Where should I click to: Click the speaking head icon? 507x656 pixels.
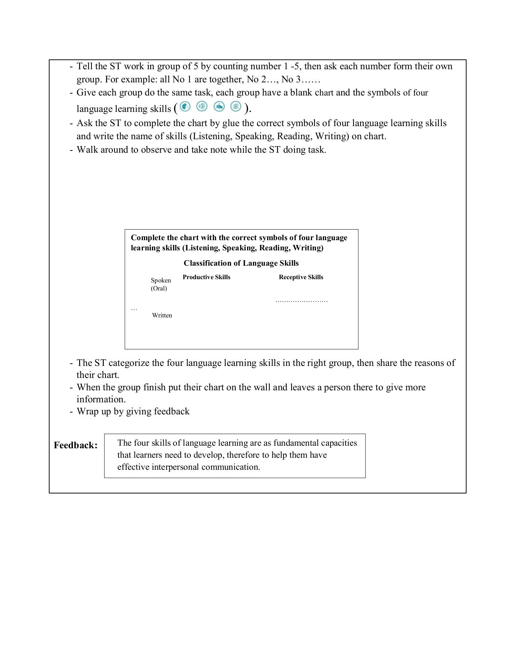pos(185,106)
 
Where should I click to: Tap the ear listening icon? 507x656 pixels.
pos(202,106)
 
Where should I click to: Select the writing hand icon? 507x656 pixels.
pos(219,106)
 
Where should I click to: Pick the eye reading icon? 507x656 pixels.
pos(236,106)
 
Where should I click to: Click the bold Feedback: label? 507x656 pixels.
pos(76,445)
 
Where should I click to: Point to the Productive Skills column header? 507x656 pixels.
pos(206,277)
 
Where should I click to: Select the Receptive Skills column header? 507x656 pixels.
pos(301,277)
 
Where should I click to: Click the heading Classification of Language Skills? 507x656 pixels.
pos(241,263)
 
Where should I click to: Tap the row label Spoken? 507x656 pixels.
pos(161,280)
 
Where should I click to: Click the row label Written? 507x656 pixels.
pos(162,315)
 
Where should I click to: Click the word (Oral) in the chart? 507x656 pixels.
pos(159,288)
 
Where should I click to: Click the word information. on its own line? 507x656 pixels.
pos(101,399)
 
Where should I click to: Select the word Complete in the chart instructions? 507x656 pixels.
pos(148,238)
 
